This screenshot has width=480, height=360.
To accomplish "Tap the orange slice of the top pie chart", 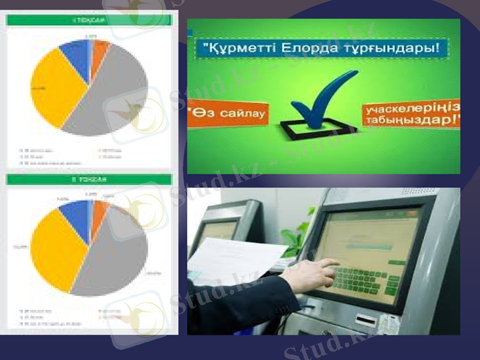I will pos(98,52).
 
